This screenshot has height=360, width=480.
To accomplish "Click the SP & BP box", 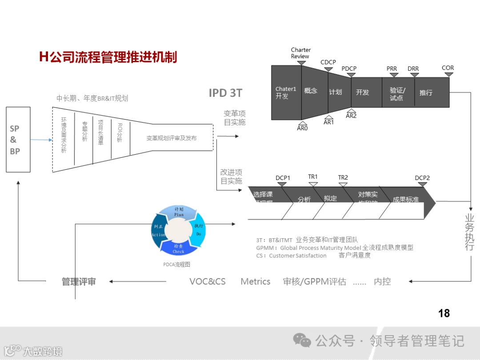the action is coord(18,140).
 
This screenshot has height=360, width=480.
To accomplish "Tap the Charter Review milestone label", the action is coord(301,53).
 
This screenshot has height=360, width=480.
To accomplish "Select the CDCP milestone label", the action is coord(328,62).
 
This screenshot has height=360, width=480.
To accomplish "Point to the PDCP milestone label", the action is coord(349,68).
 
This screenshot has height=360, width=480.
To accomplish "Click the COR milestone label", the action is coord(448,68).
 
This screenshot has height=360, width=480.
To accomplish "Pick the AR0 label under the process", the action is coord(302,128).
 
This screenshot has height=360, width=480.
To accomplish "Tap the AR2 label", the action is coord(351,116).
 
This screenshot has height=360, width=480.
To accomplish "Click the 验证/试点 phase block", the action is coord(398,93).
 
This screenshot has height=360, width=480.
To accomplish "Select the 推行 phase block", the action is coord(426,93).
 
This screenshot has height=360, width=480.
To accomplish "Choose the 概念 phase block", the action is coord(311,91).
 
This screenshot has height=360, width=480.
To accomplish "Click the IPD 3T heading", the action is coord(225,93).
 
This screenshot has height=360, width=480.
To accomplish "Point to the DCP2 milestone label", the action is coord(422,178).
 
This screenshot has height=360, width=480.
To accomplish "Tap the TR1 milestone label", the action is coord(313,177).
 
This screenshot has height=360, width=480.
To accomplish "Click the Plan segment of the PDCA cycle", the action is coord(179,212).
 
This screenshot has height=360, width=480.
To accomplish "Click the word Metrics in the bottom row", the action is coord(256,281).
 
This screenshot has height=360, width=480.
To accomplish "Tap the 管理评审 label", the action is coord(79,281).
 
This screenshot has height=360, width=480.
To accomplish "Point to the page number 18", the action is coord(444,313).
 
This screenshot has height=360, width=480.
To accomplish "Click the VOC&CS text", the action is coord(208,281).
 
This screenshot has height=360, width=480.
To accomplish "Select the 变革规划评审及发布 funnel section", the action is coord(172,138).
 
